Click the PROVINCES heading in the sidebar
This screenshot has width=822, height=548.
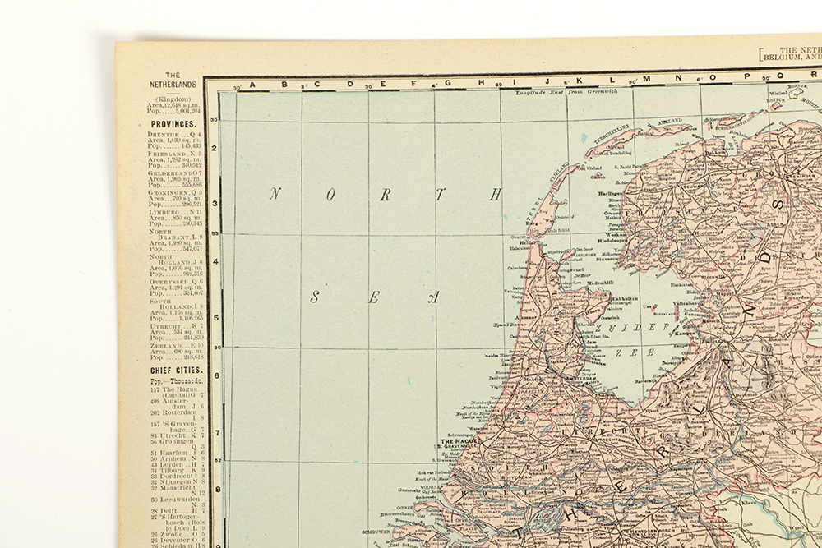[x=173, y=124]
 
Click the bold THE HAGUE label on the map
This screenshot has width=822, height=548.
[x=459, y=440]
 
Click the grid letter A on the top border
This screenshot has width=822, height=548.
[x=252, y=84]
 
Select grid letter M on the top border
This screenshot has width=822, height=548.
[x=646, y=80]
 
